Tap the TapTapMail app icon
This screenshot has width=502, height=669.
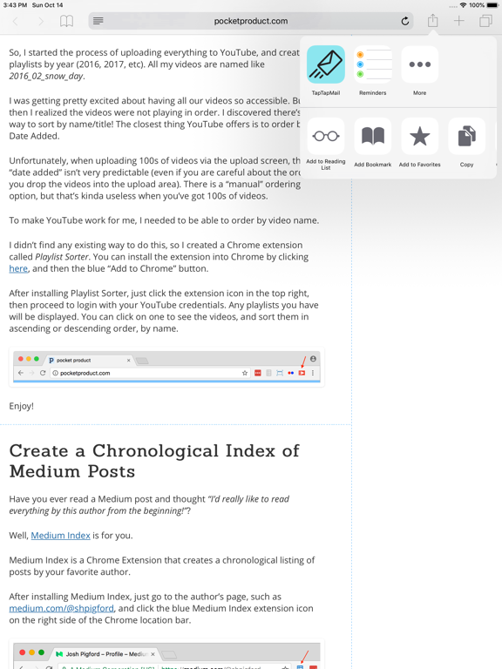click(326, 65)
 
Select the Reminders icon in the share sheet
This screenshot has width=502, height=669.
click(373, 65)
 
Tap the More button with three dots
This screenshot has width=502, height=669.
click(419, 65)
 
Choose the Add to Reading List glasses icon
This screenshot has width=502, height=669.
click(326, 137)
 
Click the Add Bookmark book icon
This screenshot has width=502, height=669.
click(373, 137)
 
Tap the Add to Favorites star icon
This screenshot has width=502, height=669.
click(419, 137)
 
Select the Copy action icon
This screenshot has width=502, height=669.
click(466, 137)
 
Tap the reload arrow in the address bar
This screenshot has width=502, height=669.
click(405, 21)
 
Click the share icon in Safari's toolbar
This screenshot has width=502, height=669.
click(432, 21)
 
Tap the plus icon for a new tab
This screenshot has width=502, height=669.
click(458, 21)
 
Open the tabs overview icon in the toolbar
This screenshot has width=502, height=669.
click(485, 21)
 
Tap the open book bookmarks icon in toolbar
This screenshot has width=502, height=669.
click(66, 21)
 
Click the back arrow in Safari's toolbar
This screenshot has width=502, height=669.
click(16, 21)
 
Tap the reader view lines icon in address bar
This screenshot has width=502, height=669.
click(98, 21)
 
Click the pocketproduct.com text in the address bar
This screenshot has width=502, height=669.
click(251, 21)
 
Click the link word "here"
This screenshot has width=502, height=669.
click(18, 269)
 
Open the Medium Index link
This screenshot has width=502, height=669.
click(60, 535)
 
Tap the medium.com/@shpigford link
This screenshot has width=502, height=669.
click(61, 608)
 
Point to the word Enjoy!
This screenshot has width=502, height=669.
click(22, 406)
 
